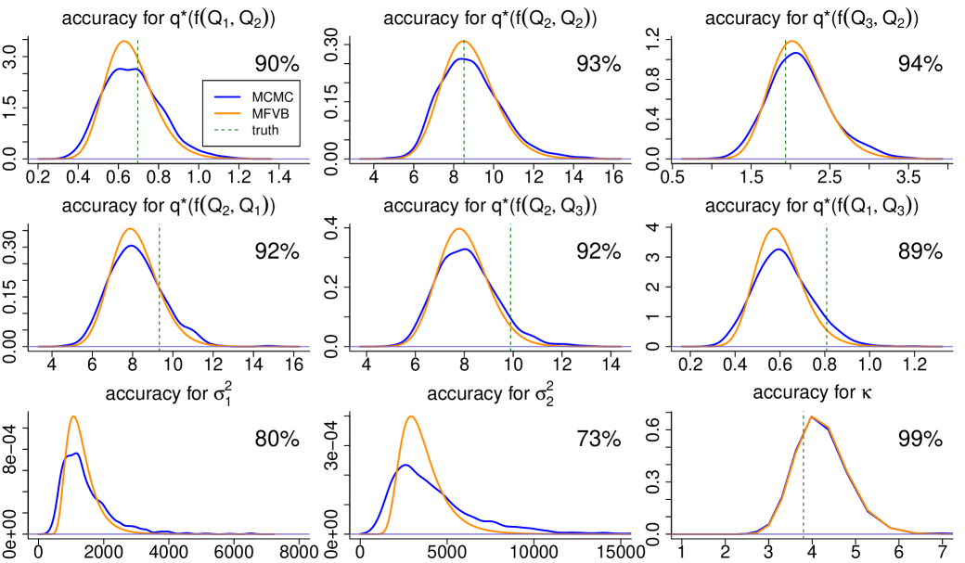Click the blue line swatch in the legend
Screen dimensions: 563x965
click(x=227, y=96)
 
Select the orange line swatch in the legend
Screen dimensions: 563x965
click(x=227, y=113)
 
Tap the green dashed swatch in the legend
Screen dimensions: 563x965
click(x=227, y=130)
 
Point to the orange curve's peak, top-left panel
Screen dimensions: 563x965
click(x=125, y=42)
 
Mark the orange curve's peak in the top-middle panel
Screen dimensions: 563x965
click(x=464, y=42)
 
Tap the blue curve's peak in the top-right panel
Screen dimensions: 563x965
click(x=795, y=53)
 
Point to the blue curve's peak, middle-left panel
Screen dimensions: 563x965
click(x=133, y=246)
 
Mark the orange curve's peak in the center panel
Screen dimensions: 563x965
click(x=459, y=229)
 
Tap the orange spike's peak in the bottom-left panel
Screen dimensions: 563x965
click(x=73, y=416)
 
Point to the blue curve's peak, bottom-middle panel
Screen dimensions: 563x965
click(x=405, y=465)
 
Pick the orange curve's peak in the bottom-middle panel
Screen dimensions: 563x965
click(x=411, y=416)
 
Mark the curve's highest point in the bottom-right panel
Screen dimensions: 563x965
click(x=812, y=416)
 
